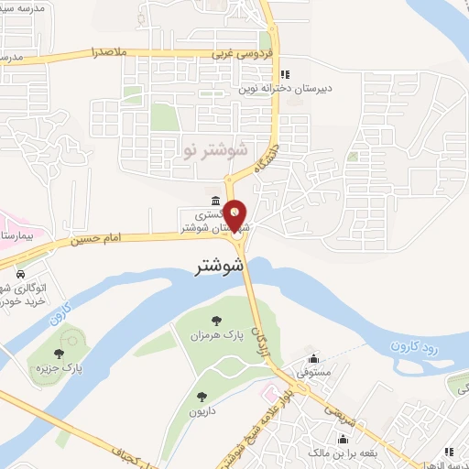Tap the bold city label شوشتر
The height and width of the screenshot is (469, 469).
(220, 267)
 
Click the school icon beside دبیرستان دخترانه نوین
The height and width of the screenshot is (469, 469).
(284, 74)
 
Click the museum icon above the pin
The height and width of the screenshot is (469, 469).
(214, 202)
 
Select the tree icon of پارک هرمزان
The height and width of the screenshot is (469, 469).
(216, 321)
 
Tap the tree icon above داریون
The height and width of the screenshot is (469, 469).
(202, 397)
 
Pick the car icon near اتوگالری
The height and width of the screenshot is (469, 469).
(20, 273)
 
